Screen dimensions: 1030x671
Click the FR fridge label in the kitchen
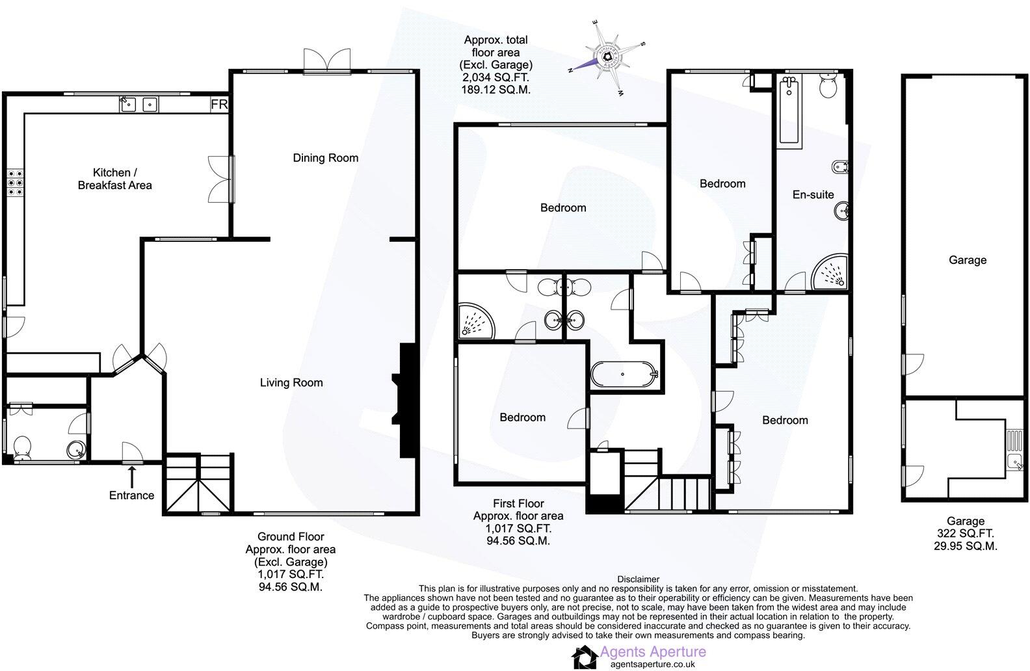pos(219,105)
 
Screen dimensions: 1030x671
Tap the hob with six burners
pos(15,183)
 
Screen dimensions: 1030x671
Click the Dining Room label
pos(326,158)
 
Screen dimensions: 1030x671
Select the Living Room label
pos(291,383)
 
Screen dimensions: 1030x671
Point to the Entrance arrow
pos(132,477)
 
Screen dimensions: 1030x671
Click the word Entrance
pos(131,495)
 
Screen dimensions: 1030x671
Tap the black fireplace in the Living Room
pos(405,400)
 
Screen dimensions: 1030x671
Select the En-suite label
pos(813,194)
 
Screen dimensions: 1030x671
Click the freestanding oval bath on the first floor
pos(624,374)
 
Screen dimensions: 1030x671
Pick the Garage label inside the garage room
pos(968,260)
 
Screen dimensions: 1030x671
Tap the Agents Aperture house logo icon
pos(585,657)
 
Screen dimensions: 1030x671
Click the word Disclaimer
pos(639,579)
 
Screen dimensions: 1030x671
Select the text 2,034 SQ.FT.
pos(495,77)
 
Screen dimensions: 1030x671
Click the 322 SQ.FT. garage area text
pos(965,534)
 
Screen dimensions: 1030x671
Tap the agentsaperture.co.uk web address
pos(652,664)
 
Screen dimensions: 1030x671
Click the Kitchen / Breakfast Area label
pos(115,179)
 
